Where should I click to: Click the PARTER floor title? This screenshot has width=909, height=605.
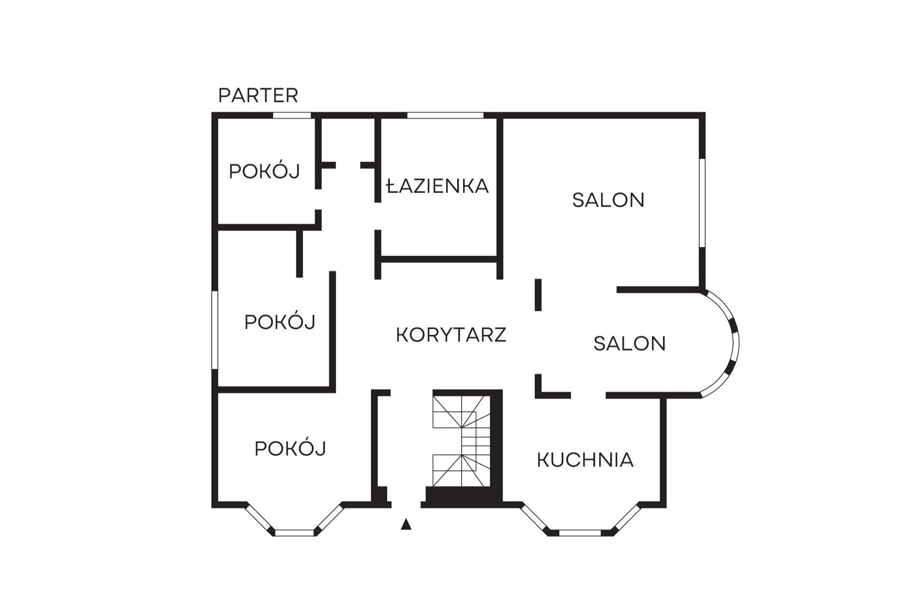(258, 96)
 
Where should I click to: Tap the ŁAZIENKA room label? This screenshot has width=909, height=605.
(437, 186)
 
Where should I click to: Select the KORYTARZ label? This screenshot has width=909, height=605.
(451, 335)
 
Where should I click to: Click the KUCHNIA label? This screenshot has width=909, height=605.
(585, 460)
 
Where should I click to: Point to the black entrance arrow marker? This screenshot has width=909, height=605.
(406, 524)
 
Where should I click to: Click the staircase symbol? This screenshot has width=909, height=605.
(462, 441)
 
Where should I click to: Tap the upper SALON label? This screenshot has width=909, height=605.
(608, 200)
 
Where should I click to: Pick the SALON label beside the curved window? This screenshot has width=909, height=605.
(630, 344)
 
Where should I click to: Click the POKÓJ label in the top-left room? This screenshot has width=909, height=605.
(264, 171)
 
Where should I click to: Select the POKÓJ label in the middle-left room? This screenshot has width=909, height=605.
(280, 321)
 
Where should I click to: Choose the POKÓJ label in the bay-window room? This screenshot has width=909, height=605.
(290, 448)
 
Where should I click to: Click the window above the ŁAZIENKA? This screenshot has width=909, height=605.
(445, 115)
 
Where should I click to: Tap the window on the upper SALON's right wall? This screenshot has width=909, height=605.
(702, 203)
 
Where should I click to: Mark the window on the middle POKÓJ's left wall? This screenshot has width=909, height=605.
(215, 330)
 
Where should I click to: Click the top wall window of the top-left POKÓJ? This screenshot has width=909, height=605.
(292, 115)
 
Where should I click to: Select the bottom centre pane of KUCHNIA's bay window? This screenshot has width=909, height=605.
(580, 533)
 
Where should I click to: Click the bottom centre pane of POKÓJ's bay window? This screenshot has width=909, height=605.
(294, 533)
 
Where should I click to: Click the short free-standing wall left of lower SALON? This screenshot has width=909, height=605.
(538, 295)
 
